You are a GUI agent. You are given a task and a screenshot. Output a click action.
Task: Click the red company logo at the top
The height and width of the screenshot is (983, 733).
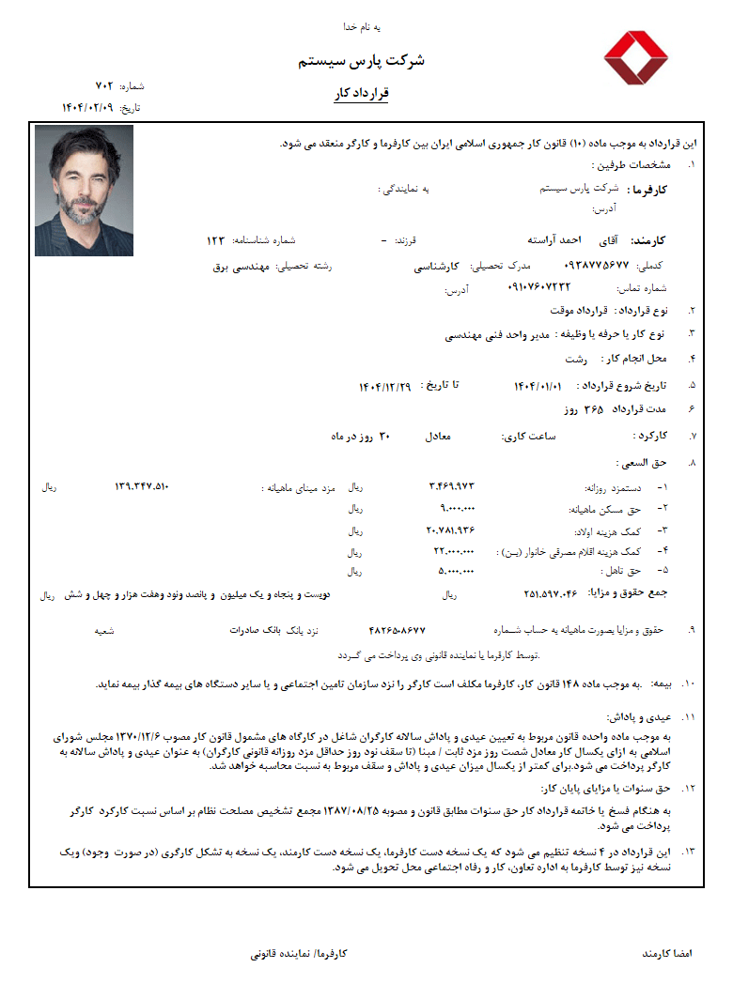[x=635, y=60]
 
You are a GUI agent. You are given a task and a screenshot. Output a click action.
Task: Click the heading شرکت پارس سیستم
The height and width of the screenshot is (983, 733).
[x=362, y=61]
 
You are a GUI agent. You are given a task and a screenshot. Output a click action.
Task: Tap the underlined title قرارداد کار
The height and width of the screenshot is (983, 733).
[x=362, y=94]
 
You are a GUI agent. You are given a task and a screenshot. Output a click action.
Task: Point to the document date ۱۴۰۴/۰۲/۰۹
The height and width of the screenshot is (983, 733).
[x=87, y=107]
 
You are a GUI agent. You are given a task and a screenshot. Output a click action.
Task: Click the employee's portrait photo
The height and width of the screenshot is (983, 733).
[x=84, y=191]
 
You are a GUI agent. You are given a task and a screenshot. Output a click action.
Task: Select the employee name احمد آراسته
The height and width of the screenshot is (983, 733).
[x=548, y=240]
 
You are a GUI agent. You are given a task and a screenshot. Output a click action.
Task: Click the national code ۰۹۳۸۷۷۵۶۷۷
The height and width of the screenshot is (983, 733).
[x=597, y=266]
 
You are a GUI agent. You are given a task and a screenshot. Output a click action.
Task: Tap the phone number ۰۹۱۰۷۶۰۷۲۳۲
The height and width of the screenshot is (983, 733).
[x=538, y=286]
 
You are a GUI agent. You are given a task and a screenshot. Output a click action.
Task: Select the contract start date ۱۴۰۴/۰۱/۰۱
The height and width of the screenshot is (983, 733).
[x=538, y=386]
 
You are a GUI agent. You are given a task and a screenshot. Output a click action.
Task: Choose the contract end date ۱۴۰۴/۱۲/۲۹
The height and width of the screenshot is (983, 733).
[x=385, y=386]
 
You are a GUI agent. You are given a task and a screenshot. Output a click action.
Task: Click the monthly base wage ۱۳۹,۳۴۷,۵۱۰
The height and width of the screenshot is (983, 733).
[x=141, y=486]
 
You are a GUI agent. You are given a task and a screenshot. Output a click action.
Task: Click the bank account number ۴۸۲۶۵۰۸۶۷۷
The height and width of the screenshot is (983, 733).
[x=398, y=630]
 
